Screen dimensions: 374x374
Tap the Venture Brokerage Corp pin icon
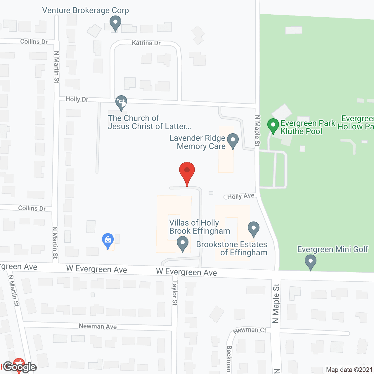point(115,23)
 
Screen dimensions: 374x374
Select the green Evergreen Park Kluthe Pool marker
point(273,126)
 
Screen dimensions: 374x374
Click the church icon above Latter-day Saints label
point(121,103)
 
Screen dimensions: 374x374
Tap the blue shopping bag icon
point(108,240)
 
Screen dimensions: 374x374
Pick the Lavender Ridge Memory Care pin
point(233,141)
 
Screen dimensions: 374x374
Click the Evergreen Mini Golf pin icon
point(311,262)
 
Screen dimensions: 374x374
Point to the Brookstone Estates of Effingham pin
point(254,229)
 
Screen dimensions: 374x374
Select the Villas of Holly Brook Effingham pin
point(183,244)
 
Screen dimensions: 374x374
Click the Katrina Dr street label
point(146,43)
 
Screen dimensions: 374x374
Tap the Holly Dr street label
point(77,99)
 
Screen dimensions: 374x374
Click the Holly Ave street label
point(240,196)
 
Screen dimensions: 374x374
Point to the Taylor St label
point(175,293)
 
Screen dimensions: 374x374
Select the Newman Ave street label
point(98,326)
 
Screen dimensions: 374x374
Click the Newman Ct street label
point(250,330)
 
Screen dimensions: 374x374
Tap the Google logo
point(20,367)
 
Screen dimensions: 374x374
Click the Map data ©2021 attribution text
point(349,370)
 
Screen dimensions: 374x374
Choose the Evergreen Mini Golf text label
point(333,249)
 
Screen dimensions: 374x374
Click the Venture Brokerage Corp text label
point(85,11)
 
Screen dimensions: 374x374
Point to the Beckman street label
point(229,359)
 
